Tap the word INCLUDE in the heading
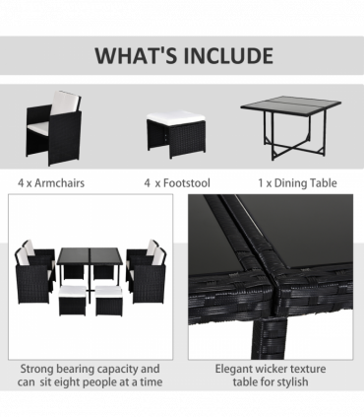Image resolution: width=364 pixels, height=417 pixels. (228, 55)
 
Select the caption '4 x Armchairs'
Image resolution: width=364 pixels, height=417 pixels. (51, 183)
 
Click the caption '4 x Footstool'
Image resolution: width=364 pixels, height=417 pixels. (177, 183)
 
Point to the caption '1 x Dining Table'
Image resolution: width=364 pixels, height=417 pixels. (297, 183)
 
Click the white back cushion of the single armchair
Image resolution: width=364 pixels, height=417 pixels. (66, 102)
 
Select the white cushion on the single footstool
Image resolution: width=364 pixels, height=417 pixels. (176, 116)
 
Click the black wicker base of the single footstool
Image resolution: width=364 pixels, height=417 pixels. (176, 139)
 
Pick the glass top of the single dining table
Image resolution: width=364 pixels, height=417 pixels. (291, 104)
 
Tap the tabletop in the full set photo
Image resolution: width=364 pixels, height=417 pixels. (90, 256)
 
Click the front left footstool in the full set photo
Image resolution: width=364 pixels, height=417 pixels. (72, 301)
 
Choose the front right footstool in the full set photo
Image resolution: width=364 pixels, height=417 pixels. (109, 301)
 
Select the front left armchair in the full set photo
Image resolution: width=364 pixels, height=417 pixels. (32, 276)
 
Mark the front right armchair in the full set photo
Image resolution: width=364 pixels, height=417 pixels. (149, 276)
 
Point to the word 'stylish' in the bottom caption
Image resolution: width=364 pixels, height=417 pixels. (290, 382)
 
